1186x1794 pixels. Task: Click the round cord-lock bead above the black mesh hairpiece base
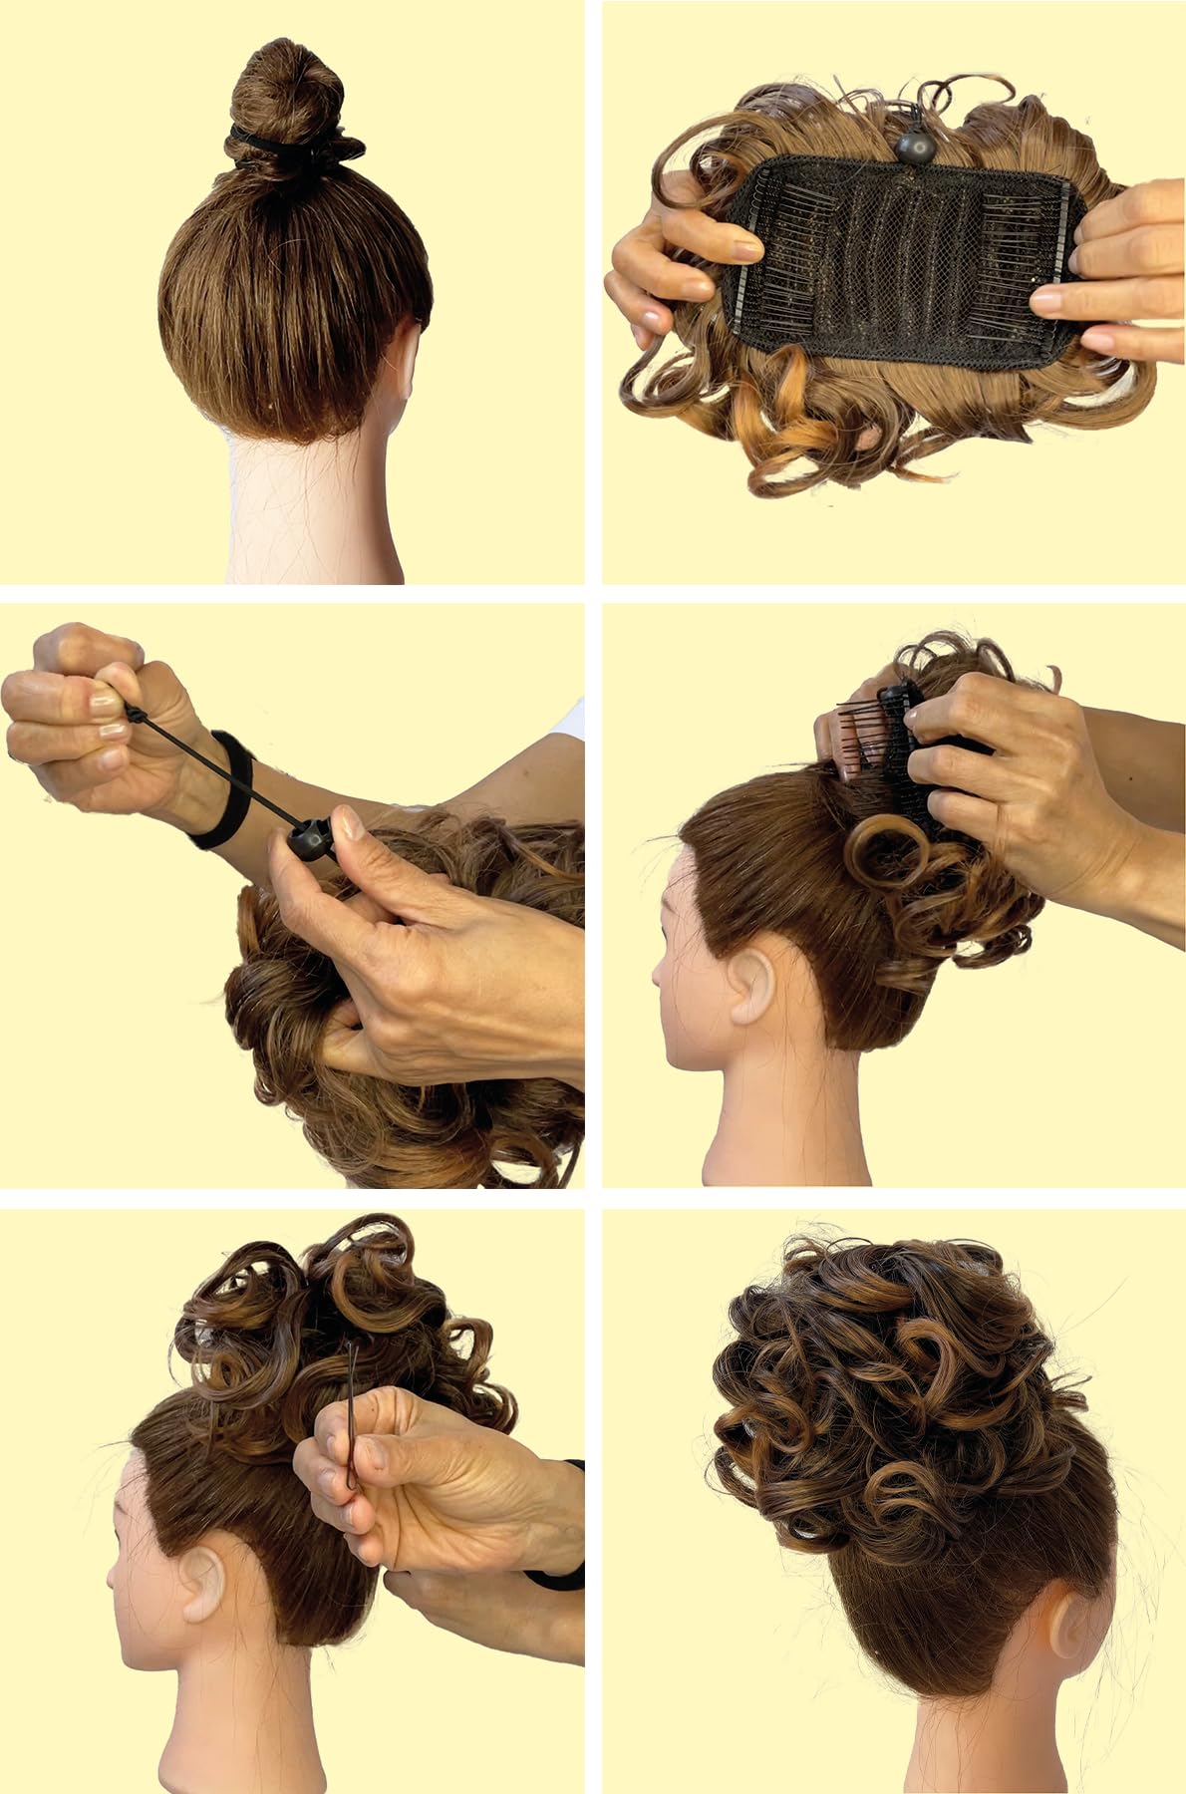(913, 148)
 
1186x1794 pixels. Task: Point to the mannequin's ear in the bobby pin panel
(199, 1580)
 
